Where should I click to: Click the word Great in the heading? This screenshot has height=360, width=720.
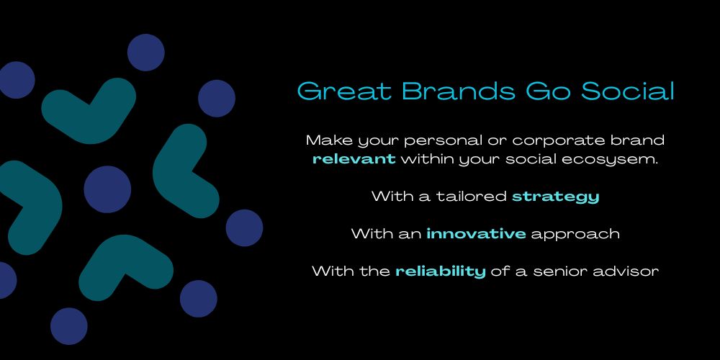pyautogui.click(x=344, y=91)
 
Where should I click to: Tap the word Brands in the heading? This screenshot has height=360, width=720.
pyautogui.click(x=459, y=91)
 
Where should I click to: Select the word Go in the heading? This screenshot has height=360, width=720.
pyautogui.click(x=548, y=91)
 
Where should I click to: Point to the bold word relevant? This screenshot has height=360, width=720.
pyautogui.click(x=354, y=159)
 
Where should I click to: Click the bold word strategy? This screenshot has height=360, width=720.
pyautogui.click(x=556, y=197)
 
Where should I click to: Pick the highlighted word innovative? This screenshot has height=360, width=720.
pyautogui.click(x=476, y=234)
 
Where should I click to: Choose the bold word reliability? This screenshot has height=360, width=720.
pyautogui.click(x=441, y=271)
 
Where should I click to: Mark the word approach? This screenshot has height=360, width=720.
pyautogui.click(x=575, y=235)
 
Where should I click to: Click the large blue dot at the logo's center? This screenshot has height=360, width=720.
pyautogui.click(x=107, y=189)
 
